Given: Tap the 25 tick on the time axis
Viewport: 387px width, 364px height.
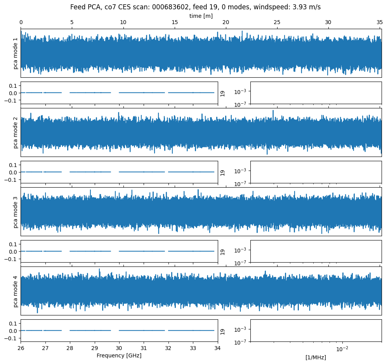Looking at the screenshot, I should coord(277,23).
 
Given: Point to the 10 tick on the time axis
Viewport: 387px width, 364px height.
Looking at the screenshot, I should coord(123,23).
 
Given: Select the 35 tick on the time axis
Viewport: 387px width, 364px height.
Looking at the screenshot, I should coord(380,23).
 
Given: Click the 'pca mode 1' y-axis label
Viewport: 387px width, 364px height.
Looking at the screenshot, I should coord(16,53).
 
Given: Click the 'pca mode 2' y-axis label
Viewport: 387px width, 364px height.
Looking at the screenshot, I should coord(16,132).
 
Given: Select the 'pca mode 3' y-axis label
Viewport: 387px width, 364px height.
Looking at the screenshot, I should coord(16,212).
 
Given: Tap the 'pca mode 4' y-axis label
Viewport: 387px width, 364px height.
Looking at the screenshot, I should coord(16,291).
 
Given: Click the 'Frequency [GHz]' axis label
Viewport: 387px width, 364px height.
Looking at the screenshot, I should coord(119,355).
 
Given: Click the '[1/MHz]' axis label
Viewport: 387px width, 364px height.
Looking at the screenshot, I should coord(316,357).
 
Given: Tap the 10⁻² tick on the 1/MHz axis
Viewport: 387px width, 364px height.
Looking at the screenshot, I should coord(342,349).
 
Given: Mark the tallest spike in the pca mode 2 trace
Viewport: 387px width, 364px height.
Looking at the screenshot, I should coord(273,111).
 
